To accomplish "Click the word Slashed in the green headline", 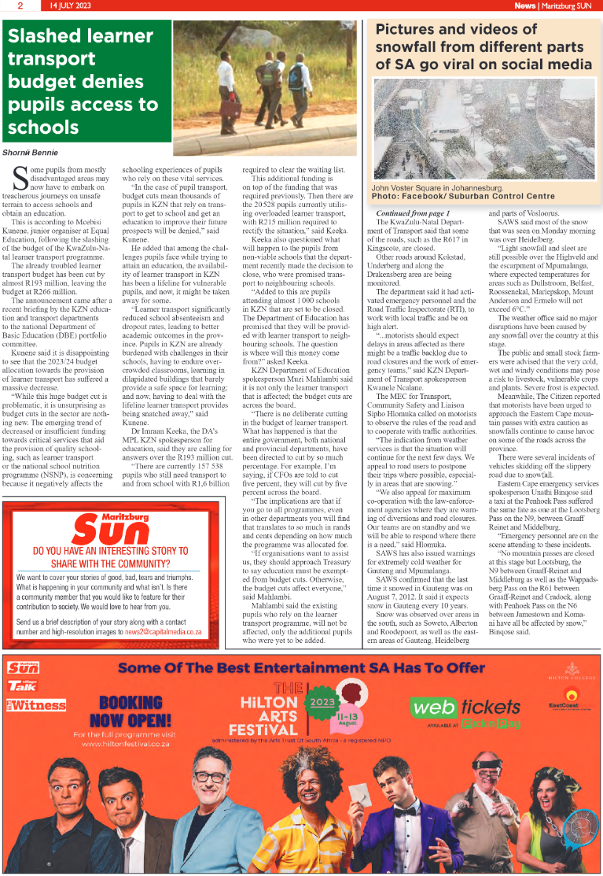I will (x=46, y=35).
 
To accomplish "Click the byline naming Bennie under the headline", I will (x=30, y=152).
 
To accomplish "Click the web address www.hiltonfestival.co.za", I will (x=131, y=744).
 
